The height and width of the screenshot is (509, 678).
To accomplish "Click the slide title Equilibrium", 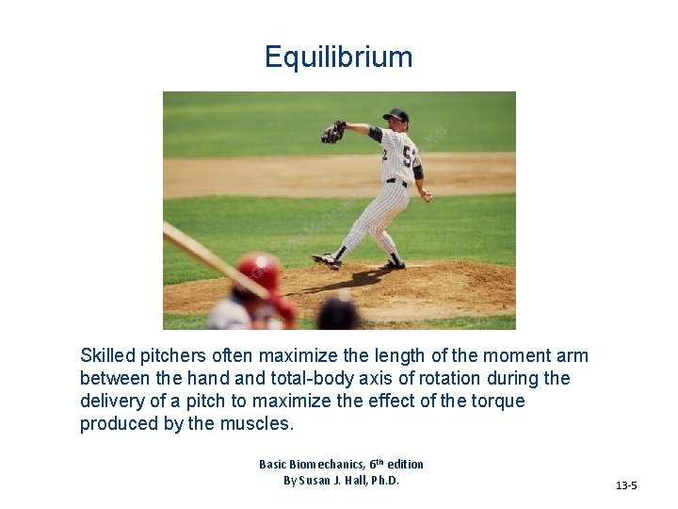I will (338, 57).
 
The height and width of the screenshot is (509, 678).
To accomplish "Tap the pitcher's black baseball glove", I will (331, 133).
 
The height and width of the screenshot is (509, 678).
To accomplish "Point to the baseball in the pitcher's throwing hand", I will (427, 197).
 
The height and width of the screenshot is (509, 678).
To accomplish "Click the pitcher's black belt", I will (396, 181).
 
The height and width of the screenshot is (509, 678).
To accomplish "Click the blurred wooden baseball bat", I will (202, 254).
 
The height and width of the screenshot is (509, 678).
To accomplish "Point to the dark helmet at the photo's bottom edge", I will (338, 312).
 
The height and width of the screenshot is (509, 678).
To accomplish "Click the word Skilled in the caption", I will (107, 356).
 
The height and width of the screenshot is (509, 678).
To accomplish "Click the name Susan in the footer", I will (326, 481).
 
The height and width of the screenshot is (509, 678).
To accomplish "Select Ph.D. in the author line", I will (381, 481).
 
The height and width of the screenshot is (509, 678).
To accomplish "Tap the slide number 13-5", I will (626, 485).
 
